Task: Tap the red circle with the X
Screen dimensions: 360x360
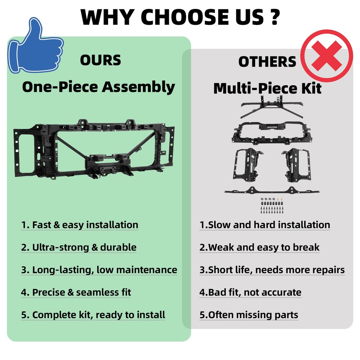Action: [x=327, y=56]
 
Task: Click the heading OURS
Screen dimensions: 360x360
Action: [x=100, y=60]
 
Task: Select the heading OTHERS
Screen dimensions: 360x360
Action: [x=267, y=62]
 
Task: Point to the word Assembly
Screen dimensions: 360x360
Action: [x=138, y=87]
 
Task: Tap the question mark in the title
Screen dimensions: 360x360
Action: [x=275, y=17]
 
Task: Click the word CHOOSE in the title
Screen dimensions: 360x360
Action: [x=185, y=17]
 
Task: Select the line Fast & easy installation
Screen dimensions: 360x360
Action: [x=80, y=225]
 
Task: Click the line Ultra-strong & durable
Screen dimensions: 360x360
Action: [x=79, y=247]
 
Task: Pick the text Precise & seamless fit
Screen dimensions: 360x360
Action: [x=76, y=292]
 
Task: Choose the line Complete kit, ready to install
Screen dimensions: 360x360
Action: [x=93, y=315]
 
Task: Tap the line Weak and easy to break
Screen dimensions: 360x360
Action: [x=260, y=247]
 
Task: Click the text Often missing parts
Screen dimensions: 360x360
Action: [x=249, y=315]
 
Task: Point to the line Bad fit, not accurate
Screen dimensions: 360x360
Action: [x=250, y=292]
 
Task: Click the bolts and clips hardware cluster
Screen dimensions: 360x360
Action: [x=272, y=206]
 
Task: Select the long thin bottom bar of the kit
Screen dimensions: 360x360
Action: [x=272, y=190]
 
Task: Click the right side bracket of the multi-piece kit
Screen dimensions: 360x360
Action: [x=297, y=165]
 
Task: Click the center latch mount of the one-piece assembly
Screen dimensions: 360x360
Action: [x=108, y=164]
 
